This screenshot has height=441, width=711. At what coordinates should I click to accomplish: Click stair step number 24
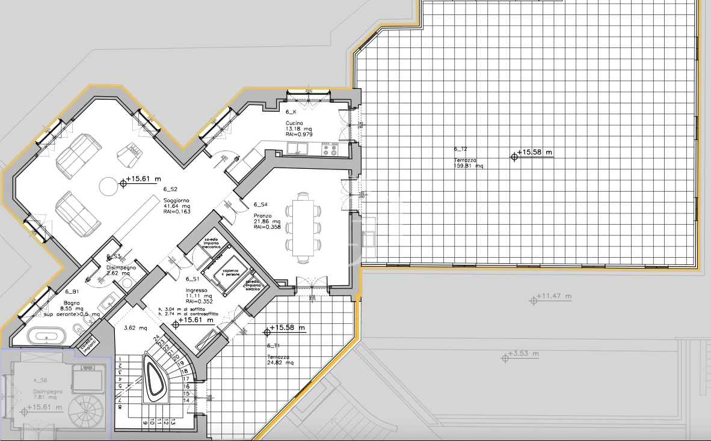click(x=157, y=338)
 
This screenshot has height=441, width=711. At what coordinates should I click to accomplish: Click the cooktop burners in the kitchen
click(x=330, y=149)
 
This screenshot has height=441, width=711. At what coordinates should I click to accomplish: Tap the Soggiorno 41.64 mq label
click(x=177, y=204)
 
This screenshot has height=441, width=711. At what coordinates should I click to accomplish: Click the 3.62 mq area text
click(x=135, y=329)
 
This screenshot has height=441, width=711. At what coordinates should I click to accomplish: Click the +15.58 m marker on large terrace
click(x=534, y=153)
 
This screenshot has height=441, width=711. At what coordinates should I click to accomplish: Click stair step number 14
click(x=186, y=400)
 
